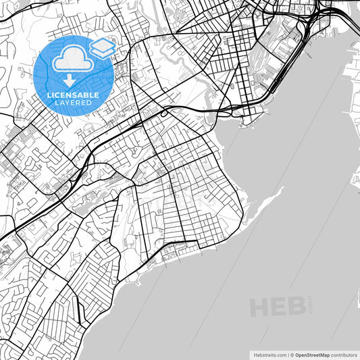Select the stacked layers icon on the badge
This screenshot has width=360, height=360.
coord(102,48)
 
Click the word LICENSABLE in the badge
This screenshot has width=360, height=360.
coord(74,95)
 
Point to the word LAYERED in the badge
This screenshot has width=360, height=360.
coord(74,105)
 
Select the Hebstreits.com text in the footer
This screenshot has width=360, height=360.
coord(269,354)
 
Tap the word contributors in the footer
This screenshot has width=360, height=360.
coord(344,354)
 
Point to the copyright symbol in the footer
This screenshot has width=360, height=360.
coord(292,354)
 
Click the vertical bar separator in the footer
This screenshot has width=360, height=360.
coord(287,354)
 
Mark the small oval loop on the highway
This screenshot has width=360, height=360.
coord(164,114)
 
